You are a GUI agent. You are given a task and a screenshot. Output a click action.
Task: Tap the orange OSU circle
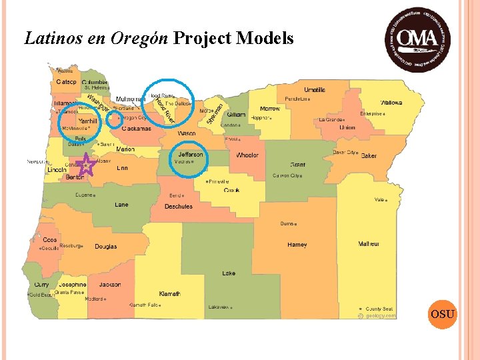443,313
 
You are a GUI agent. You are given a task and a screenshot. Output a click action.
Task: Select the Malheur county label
369,244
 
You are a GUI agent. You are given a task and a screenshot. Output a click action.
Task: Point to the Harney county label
297,245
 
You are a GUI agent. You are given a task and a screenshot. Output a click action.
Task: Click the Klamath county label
169,293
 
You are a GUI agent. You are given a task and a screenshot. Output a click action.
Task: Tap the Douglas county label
105,247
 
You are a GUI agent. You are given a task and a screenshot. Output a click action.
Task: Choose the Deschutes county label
178,207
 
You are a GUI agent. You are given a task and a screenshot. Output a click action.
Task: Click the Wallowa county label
391,103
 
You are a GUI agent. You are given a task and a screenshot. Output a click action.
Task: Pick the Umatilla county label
315,90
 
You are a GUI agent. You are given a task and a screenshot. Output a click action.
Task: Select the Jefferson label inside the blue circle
191,155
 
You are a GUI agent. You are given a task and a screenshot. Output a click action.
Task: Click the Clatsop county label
66,82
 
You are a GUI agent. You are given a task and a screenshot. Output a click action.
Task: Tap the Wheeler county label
247,155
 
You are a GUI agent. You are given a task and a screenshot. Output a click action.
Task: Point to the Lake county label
229,273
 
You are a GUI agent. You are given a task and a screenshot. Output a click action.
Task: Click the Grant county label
297,164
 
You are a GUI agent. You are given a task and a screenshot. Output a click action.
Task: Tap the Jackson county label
110,285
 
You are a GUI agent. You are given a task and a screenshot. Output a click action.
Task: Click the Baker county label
369,156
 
